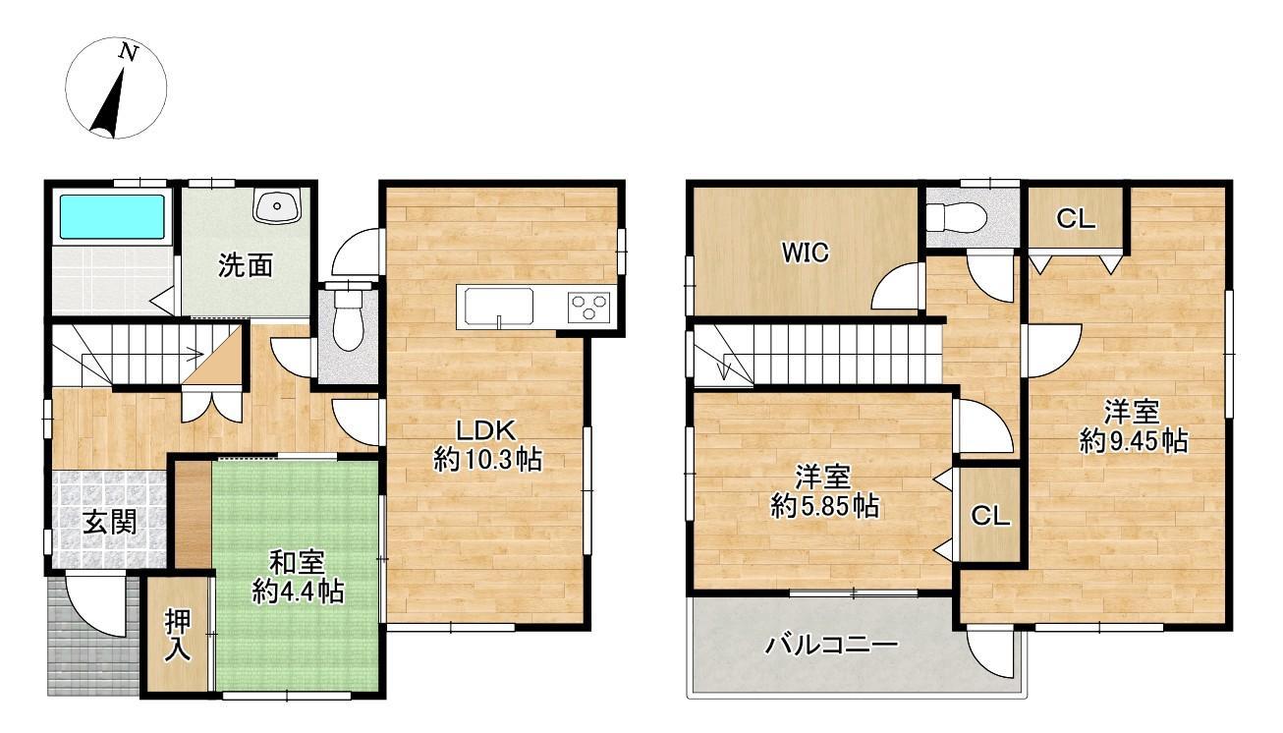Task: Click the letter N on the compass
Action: tap(129, 53)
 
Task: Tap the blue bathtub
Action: tap(112, 216)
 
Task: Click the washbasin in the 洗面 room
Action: tap(277, 205)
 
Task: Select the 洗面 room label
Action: tap(246, 265)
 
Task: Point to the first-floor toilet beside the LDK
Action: tap(348, 317)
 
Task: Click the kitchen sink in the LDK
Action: tap(499, 307)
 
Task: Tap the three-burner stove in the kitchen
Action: tap(588, 307)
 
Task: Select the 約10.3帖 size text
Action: tap(487, 460)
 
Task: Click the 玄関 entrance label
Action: tap(110, 522)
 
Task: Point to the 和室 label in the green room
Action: tap(298, 562)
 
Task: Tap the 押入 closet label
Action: tap(178, 636)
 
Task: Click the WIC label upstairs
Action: tap(806, 253)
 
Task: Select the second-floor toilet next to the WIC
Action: tap(956, 217)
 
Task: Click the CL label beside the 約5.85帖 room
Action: tap(990, 517)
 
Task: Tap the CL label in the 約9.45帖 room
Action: tap(1076, 219)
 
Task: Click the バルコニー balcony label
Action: tap(832, 646)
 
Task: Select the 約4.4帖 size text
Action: tap(298, 592)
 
